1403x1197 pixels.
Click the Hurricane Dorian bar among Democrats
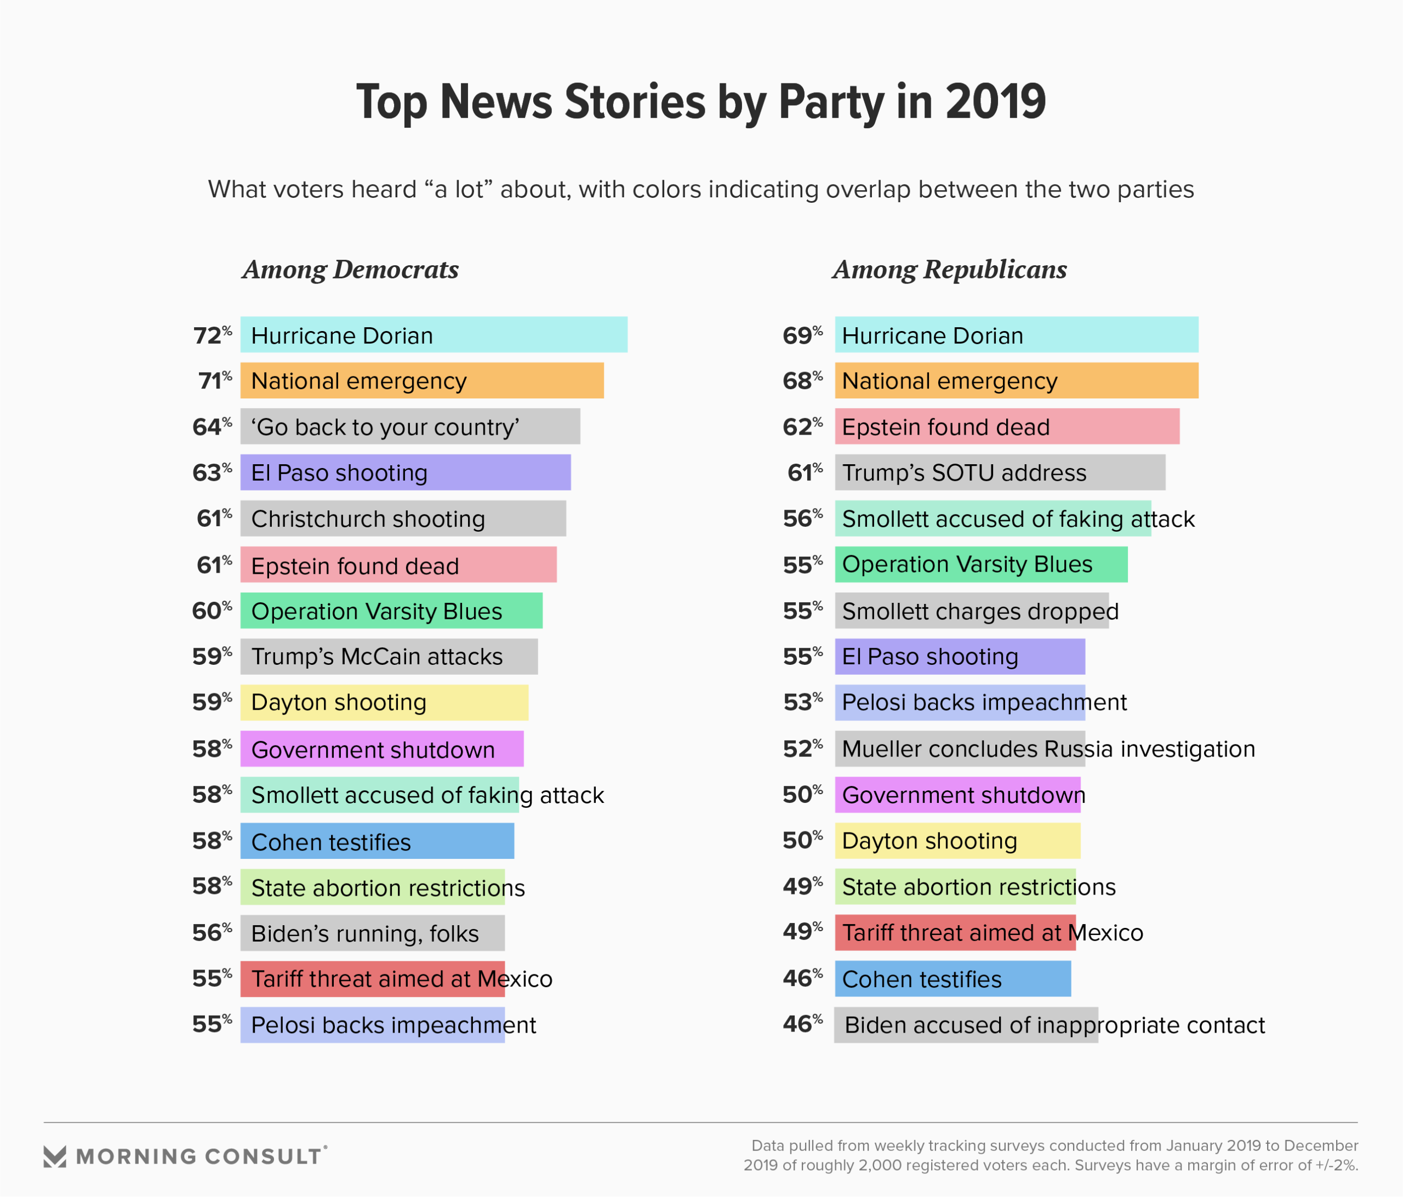[434, 334]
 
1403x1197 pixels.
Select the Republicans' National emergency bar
[1016, 380]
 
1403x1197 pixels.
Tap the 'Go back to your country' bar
[409, 426]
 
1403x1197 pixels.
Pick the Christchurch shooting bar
[403, 518]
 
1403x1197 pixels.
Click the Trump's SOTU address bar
[1000, 472]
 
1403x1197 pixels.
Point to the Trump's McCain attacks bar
[389, 656]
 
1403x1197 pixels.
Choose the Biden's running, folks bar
[373, 933]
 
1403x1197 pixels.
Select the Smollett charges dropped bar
[971, 611]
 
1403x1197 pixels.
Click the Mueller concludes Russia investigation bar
[960, 749]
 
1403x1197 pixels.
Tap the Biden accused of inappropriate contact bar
[966, 1025]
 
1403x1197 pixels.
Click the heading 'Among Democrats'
[351, 270]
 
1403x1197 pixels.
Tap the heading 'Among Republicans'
[949, 270]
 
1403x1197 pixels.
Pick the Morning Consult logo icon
[55, 1156]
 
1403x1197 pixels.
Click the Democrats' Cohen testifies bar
[377, 841]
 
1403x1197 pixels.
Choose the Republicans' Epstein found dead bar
[1007, 426]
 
